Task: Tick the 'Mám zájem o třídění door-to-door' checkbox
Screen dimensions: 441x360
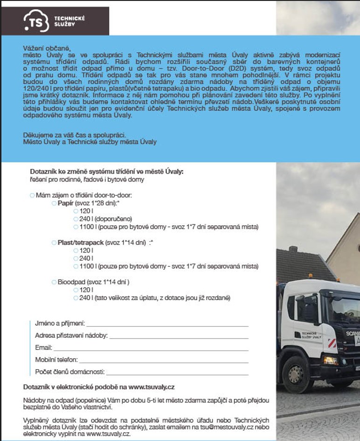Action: click(x=32, y=195)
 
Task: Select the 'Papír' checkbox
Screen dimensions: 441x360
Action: click(x=54, y=204)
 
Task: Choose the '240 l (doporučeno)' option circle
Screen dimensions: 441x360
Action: click(x=76, y=219)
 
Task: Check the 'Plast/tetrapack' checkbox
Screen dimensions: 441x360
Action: click(x=54, y=243)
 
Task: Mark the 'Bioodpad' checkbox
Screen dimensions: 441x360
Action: click(x=54, y=282)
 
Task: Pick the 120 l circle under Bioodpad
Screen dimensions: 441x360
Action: click(x=76, y=290)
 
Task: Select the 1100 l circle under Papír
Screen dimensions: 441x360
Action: click(x=76, y=227)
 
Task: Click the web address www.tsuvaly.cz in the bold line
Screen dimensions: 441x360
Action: click(x=152, y=387)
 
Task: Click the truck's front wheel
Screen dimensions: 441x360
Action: click(x=297, y=373)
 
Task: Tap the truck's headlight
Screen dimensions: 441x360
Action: click(x=331, y=360)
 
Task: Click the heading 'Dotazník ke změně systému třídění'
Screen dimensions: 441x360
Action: click(x=107, y=171)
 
